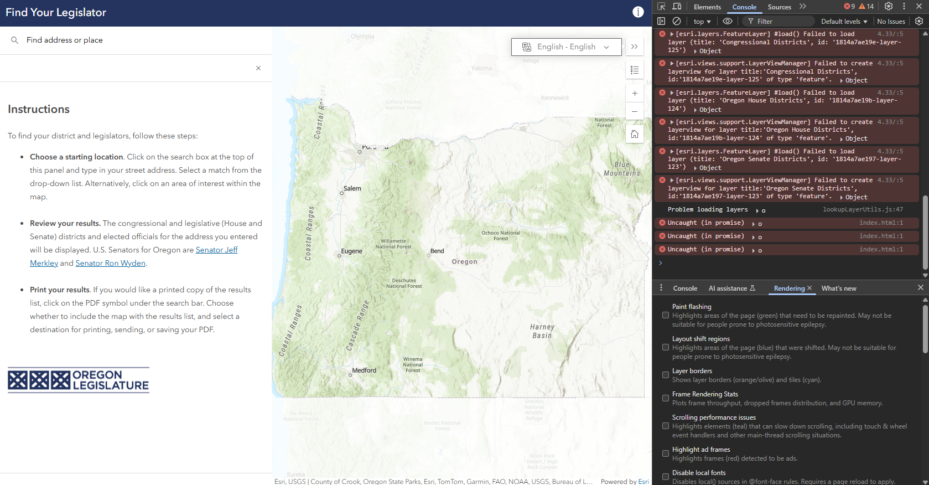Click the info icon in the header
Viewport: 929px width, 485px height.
[x=638, y=12]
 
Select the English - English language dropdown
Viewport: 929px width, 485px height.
[x=567, y=47]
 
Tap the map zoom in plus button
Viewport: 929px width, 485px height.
[x=635, y=94]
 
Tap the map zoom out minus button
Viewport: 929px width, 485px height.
[x=635, y=112]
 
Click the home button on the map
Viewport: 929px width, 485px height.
[x=635, y=134]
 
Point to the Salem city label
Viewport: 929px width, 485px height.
[x=352, y=189]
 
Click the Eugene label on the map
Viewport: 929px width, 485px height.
[x=351, y=251]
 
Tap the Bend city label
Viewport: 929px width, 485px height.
[x=437, y=251]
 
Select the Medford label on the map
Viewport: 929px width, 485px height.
[x=364, y=370]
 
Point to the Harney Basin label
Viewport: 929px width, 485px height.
[x=542, y=331]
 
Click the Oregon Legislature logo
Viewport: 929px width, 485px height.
[x=79, y=380]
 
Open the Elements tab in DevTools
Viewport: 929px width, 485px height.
[x=707, y=7]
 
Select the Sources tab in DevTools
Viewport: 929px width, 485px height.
[x=779, y=7]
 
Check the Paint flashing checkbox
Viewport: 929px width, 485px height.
[x=666, y=315]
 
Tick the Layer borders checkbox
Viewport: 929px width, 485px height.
[x=666, y=375]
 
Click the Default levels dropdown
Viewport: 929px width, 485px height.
[x=844, y=22]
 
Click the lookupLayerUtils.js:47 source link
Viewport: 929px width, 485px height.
[x=863, y=209]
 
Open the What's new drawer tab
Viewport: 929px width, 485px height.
[x=839, y=288]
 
